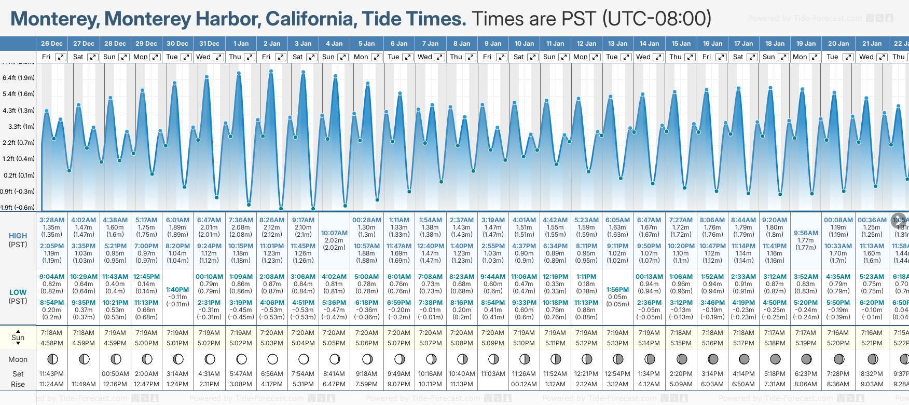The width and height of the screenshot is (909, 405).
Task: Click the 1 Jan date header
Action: [241, 44]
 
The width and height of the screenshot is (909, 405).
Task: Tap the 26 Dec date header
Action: [52, 44]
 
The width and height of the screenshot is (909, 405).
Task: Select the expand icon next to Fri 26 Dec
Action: [61, 57]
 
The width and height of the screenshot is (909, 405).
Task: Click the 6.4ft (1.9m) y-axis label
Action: [19, 78]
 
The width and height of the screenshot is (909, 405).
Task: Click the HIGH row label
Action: [18, 236]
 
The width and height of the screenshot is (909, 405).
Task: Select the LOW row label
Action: [18, 292]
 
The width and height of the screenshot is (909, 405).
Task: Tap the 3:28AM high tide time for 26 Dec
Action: [52, 220]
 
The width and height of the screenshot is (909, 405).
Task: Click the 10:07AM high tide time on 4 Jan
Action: [334, 233]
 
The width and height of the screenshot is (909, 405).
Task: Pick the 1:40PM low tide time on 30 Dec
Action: [177, 290]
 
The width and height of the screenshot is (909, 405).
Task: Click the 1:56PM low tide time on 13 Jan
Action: [617, 290]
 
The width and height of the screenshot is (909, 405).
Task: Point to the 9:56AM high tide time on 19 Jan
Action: [806, 233]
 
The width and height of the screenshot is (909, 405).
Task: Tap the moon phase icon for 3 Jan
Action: [304, 359]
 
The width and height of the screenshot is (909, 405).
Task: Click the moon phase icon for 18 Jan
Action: [775, 359]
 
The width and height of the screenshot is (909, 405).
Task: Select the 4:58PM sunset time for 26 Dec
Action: [52, 343]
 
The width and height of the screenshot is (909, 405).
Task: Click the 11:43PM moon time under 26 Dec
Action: [52, 374]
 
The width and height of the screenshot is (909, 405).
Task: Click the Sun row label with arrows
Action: [18, 337]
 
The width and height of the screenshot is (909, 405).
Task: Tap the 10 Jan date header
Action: [524, 44]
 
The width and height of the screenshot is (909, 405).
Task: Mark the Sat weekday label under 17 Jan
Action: [738, 57]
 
